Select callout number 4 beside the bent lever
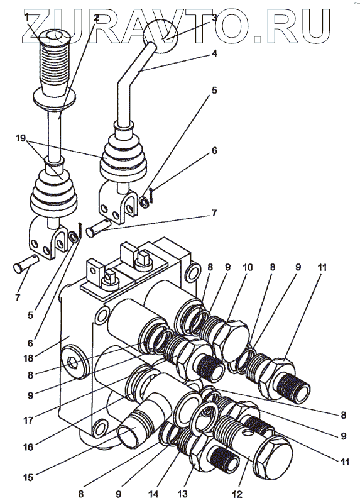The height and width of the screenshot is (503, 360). pyautogui.click(x=214, y=53)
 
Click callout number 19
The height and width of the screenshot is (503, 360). pyautogui.click(x=21, y=138)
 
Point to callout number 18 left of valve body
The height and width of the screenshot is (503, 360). pyautogui.click(x=28, y=358)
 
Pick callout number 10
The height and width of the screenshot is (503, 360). pyautogui.click(x=247, y=267)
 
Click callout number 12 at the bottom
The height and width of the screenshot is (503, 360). pyautogui.click(x=237, y=494)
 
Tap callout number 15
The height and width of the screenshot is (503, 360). pyautogui.click(x=28, y=477)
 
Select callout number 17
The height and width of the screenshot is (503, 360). pyautogui.click(x=28, y=420)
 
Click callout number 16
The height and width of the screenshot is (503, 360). pyautogui.click(x=28, y=446)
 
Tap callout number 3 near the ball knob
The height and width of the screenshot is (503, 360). pyautogui.click(x=214, y=18)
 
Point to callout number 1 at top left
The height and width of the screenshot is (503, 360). pyautogui.click(x=27, y=18)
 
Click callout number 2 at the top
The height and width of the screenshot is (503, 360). pyautogui.click(x=95, y=18)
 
